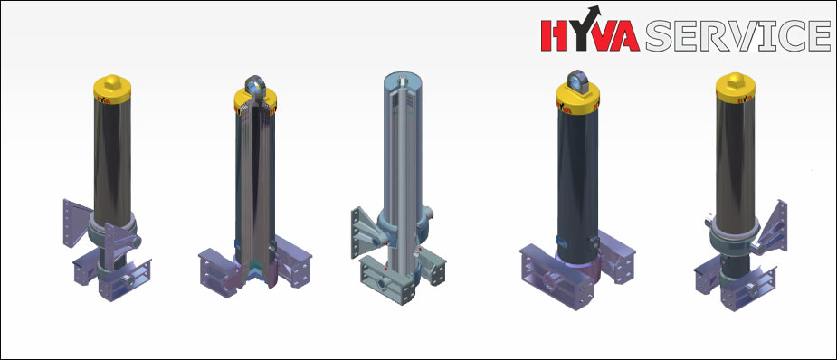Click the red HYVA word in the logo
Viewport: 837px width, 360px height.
click(590, 36)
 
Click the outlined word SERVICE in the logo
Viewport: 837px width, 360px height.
click(737, 36)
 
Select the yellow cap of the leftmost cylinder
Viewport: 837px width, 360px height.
click(112, 89)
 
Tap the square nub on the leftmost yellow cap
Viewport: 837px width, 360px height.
click(112, 81)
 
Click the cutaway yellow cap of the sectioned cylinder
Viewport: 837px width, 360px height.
click(255, 101)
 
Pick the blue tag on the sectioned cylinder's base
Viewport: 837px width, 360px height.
click(236, 245)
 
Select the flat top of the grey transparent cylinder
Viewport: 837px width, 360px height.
click(403, 81)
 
